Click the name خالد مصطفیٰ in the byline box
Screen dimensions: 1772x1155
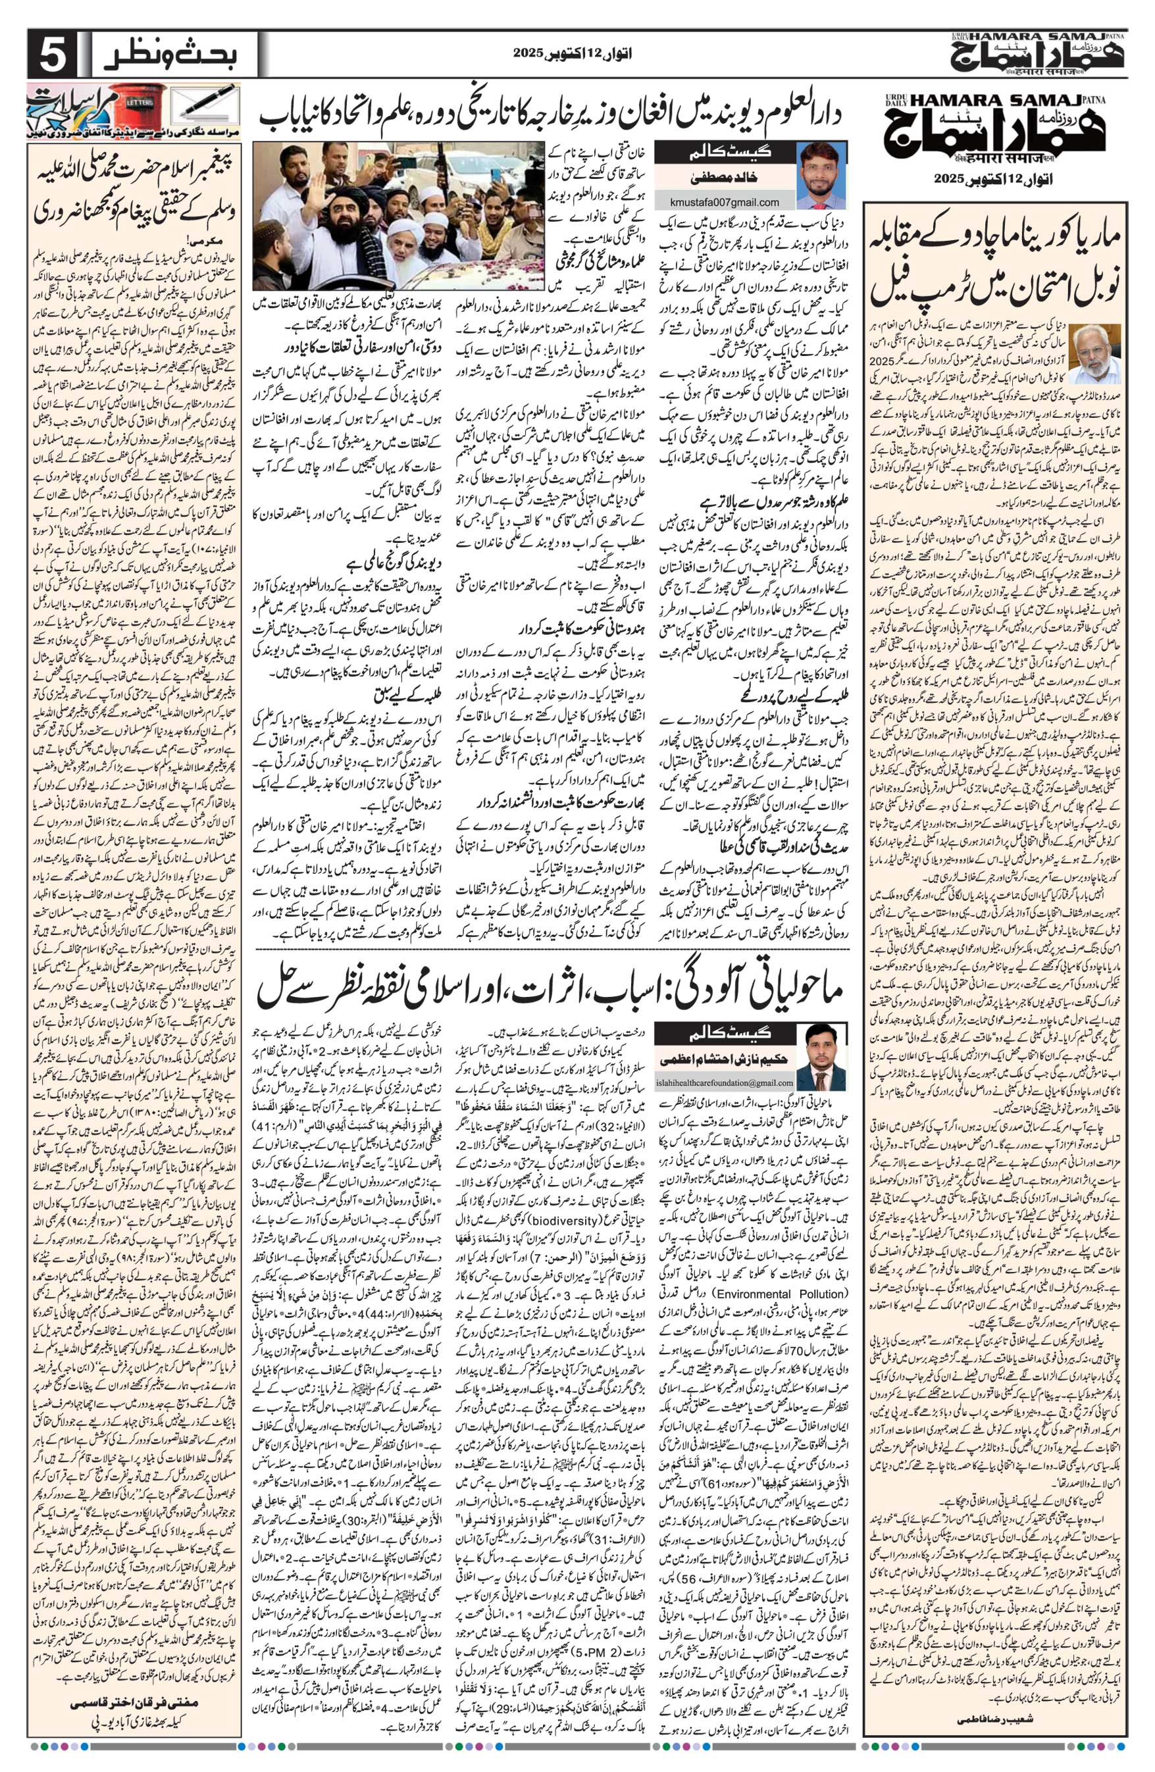721,180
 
